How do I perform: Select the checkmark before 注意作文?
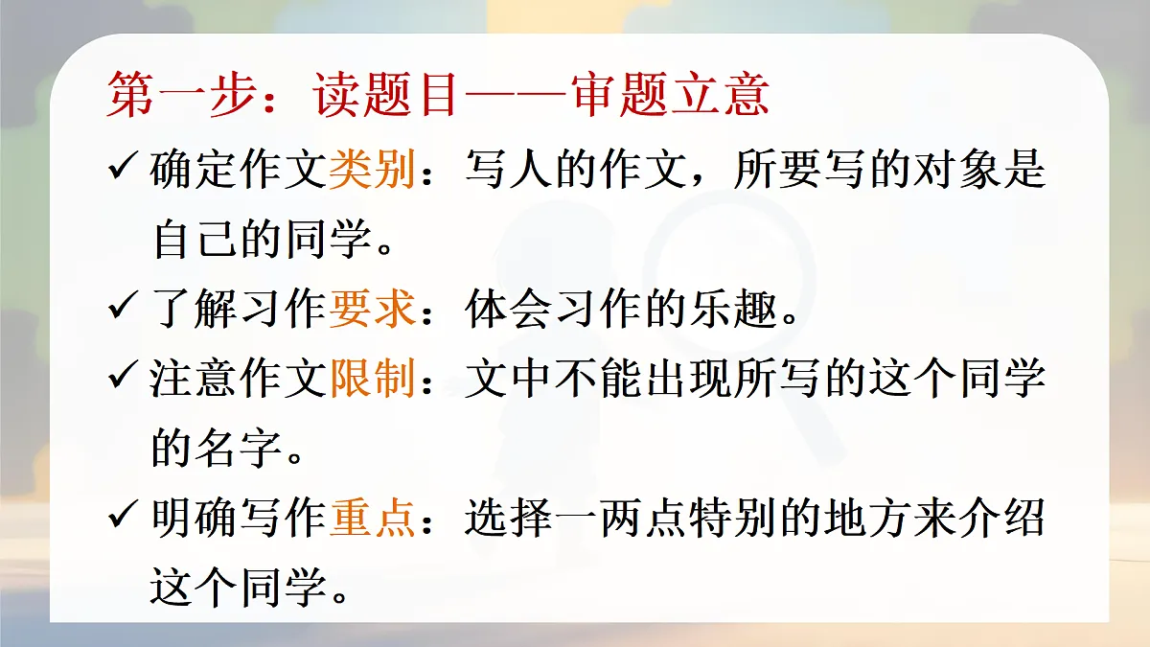tap(126, 381)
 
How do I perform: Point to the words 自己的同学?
tap(260, 242)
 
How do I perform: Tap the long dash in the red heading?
tap(517, 96)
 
